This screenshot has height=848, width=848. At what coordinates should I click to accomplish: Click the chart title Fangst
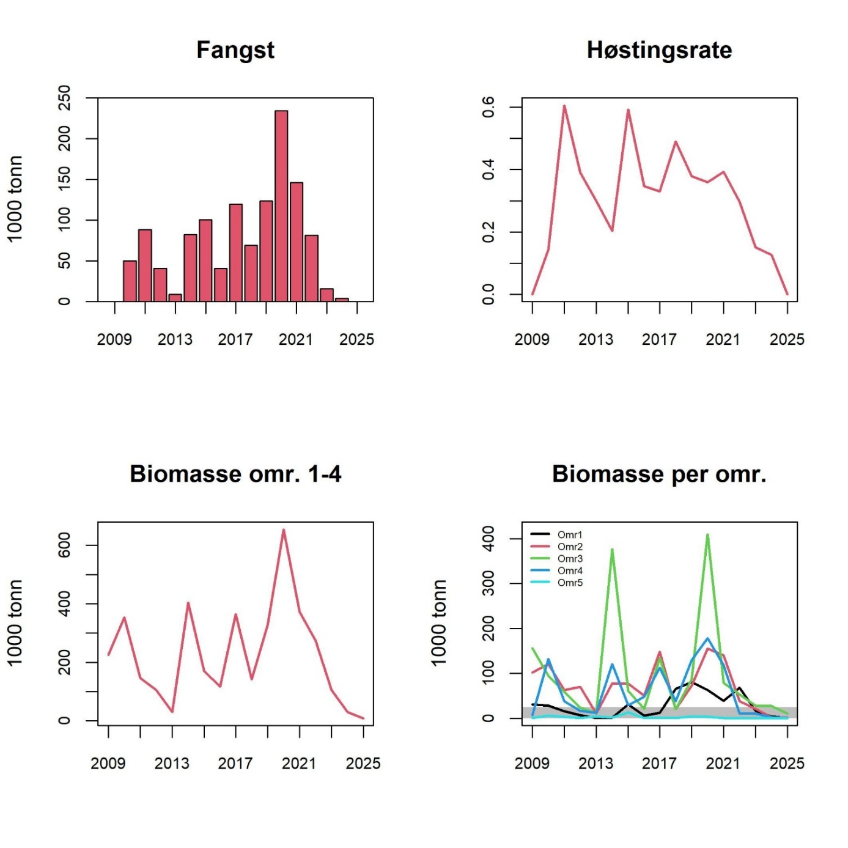235,50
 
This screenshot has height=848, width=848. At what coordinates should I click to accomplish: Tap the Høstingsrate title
659,50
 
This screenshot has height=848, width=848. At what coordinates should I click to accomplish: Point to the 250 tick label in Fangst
64,98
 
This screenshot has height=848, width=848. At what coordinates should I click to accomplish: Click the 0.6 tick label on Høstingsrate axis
488,107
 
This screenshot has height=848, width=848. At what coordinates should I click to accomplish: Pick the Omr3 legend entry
569,558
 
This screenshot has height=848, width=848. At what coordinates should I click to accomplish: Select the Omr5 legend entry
569,582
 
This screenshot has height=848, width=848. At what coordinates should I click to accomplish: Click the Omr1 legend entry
569,534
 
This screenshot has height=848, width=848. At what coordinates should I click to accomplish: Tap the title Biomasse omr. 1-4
235,474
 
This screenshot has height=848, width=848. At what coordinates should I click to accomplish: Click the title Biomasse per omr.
659,474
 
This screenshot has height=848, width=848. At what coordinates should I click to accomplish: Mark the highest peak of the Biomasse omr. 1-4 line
284,530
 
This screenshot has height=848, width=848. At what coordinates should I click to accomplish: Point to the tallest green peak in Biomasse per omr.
707,536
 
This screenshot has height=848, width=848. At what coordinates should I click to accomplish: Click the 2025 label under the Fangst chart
356,339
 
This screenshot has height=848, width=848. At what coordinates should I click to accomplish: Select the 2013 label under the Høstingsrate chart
595,339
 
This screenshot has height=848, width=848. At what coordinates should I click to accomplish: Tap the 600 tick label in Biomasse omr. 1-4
64,545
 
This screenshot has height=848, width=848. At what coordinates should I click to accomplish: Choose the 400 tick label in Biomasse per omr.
488,538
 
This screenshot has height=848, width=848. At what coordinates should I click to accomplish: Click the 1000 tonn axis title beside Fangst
15,199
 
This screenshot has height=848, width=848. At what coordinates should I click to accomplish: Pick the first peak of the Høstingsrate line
564,106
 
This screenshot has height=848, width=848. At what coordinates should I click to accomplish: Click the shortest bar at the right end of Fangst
342,300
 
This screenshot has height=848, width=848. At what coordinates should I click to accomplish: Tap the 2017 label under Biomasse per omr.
659,763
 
